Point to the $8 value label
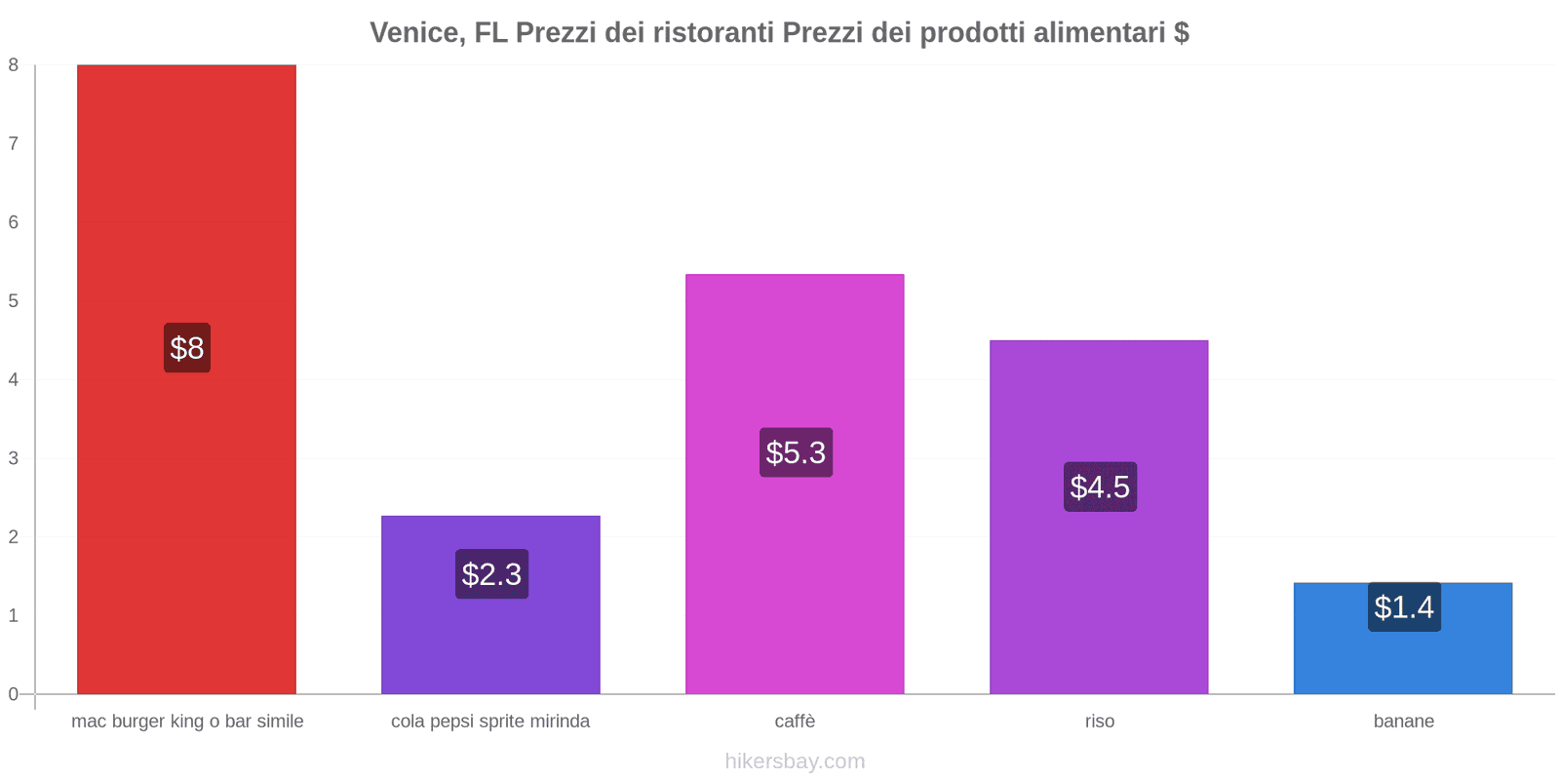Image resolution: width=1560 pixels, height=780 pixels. [x=187, y=348]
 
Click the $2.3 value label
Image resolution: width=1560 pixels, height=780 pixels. [x=491, y=574]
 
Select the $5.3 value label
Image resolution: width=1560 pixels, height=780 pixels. [x=796, y=452]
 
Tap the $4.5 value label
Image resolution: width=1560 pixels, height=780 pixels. [x=1100, y=487]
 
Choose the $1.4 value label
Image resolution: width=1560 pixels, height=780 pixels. [x=1404, y=607]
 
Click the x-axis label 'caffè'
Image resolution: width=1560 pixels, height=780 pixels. [x=795, y=721]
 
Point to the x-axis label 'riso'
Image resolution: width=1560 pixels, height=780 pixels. [x=1099, y=721]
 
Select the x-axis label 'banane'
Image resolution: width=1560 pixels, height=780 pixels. [x=1403, y=721]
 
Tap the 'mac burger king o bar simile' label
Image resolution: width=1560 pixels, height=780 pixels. [x=187, y=721]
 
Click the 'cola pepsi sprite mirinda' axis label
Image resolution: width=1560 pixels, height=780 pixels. [x=490, y=721]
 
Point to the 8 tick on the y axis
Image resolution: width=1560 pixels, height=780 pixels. [x=14, y=65]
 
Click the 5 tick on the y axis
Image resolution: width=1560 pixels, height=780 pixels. [x=14, y=301]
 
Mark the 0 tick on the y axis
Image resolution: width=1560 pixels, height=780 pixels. [x=14, y=694]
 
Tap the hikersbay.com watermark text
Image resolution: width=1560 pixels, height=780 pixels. [x=795, y=761]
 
